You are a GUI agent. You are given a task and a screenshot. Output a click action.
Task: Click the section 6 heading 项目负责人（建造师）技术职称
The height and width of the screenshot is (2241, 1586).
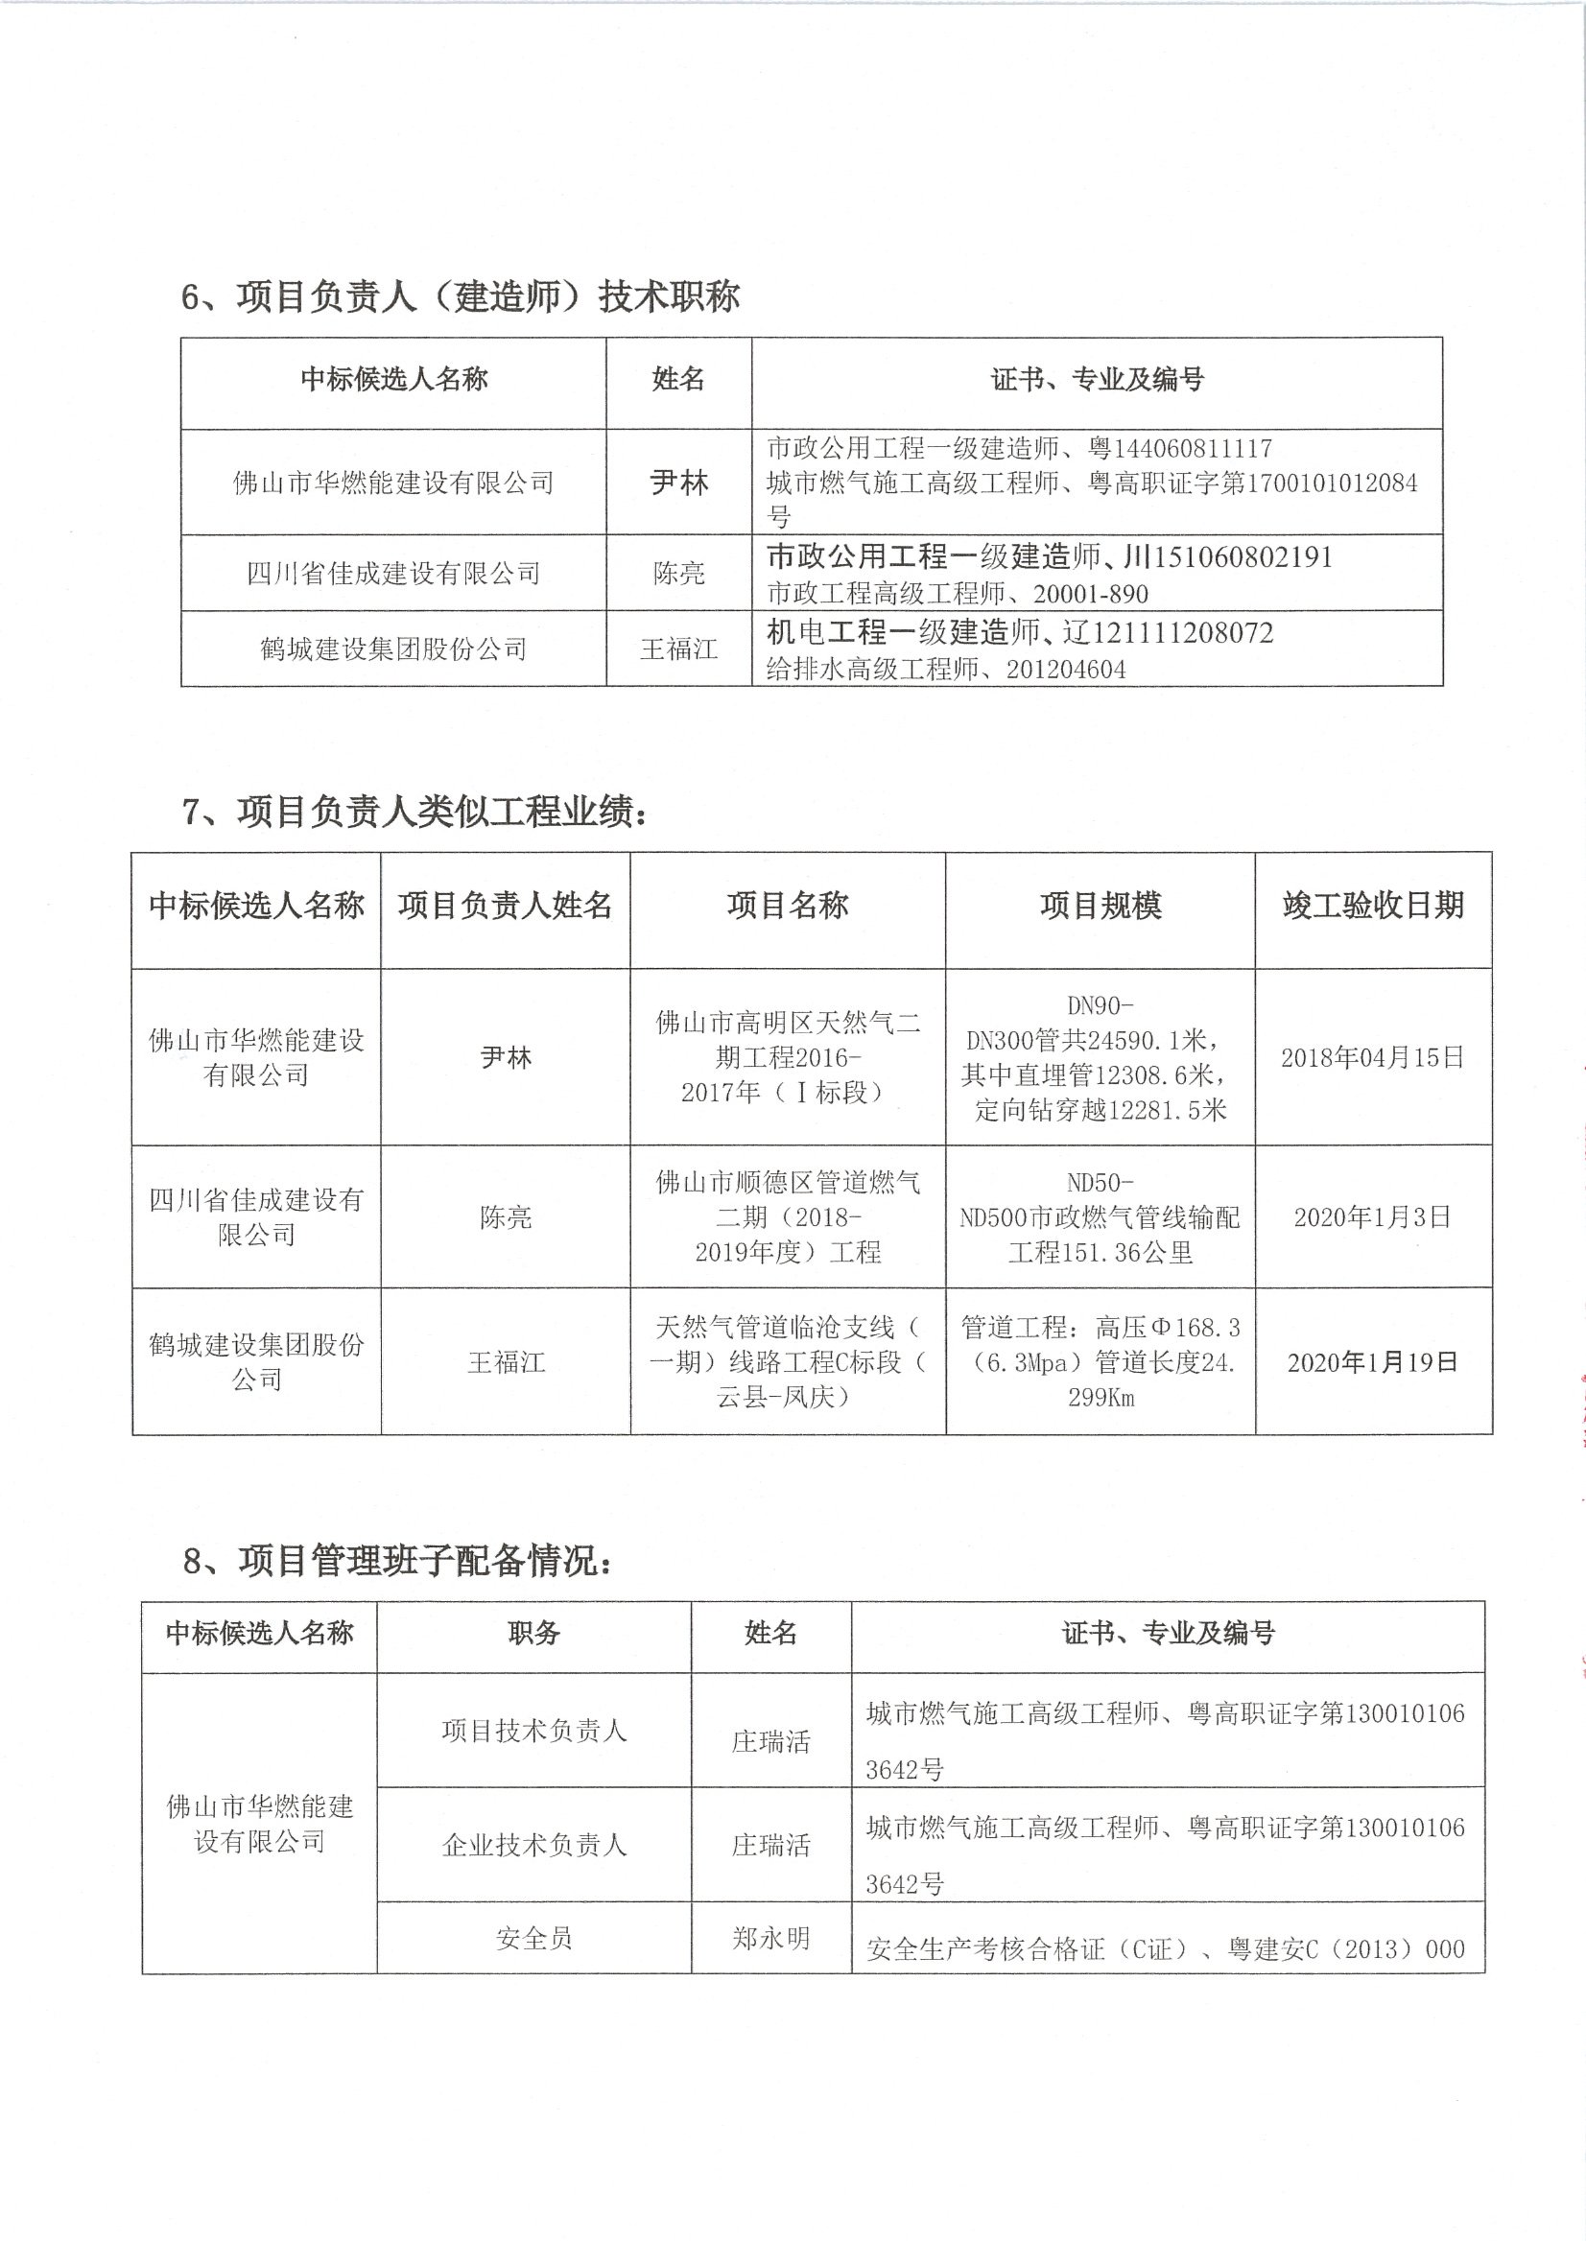pos(460,296)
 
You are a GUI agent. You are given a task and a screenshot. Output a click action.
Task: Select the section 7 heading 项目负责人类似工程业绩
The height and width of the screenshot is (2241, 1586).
pos(415,812)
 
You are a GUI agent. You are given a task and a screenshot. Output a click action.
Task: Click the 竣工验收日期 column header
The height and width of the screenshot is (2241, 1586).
pos(1372,906)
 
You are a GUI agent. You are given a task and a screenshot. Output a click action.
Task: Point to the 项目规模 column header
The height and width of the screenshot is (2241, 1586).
pos(1100,906)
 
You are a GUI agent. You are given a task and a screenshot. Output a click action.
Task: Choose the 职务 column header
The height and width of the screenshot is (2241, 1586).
pos(533,1633)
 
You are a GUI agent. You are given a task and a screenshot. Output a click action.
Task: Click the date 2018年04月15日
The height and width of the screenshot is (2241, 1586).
pos(1372,1056)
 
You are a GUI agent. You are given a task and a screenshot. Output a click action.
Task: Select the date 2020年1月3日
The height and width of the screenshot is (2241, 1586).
pos(1372,1216)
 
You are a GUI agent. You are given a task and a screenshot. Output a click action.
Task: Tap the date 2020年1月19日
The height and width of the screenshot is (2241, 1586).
pos(1372,1362)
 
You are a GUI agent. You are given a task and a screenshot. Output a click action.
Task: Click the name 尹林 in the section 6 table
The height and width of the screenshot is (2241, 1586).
pos(678,483)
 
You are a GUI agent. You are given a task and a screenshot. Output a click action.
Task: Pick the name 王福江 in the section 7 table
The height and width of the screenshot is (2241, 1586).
pos(505,1362)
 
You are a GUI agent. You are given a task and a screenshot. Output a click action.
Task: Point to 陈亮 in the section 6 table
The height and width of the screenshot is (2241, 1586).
pos(678,573)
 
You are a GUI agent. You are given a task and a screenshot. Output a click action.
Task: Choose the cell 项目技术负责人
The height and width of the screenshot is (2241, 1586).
pos(533,1731)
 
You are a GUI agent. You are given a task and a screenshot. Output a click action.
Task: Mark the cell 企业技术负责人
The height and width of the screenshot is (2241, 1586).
pos(533,1845)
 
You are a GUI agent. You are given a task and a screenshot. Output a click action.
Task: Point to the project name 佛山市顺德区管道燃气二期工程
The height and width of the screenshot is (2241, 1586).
pos(787,1216)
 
